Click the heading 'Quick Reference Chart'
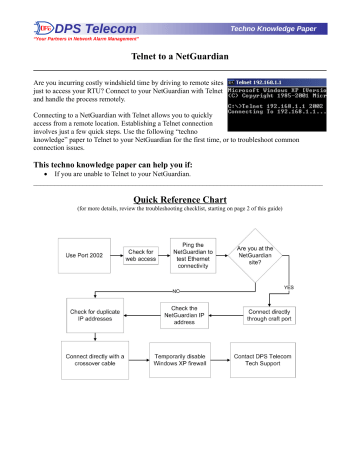pos(180,200)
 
